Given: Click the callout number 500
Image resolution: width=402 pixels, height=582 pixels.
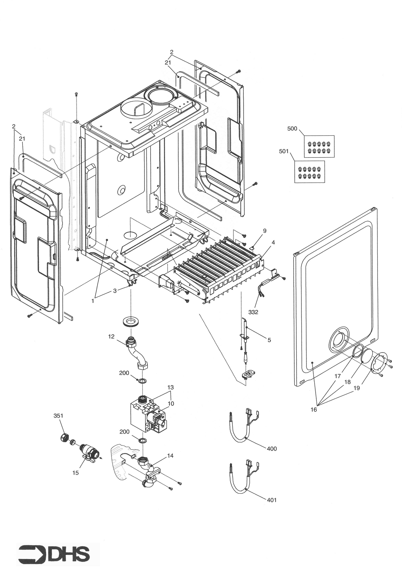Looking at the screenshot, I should point(292,129).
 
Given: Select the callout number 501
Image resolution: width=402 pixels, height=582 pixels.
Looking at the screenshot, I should point(284,152).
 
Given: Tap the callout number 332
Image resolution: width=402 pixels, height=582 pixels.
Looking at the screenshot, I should point(253,312).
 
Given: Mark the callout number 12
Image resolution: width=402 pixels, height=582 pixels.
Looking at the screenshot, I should point(111,337).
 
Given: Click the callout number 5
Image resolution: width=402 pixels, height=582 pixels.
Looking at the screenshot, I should point(269,340).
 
